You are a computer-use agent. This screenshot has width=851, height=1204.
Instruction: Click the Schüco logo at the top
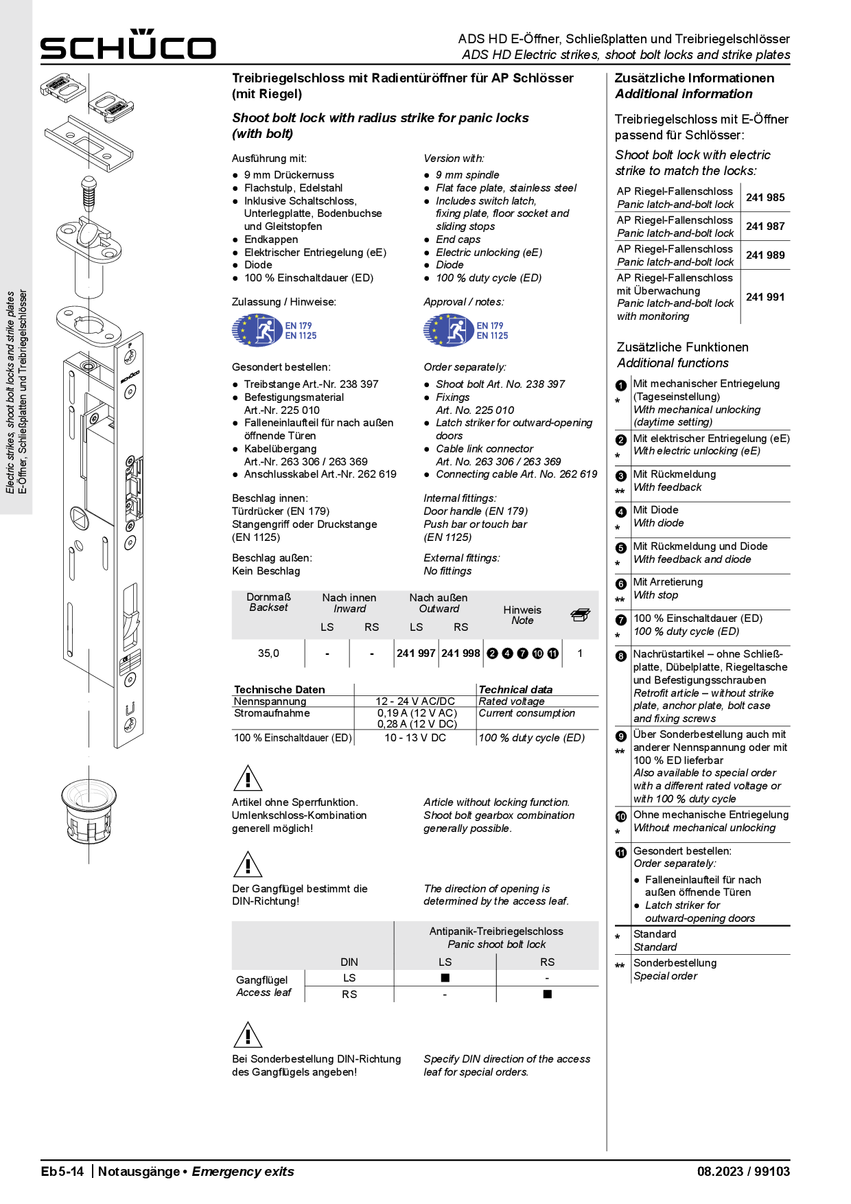tap(128, 45)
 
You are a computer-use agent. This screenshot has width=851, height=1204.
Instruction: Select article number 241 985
tap(765, 198)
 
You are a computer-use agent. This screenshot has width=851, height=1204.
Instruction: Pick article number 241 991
tap(765, 297)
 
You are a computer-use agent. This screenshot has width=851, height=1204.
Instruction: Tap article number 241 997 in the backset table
tap(416, 653)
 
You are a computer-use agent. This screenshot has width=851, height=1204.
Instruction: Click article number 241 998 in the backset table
tap(461, 653)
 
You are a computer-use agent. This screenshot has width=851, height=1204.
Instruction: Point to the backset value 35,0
tap(268, 653)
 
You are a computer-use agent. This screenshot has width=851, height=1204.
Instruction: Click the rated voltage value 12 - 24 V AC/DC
tap(415, 702)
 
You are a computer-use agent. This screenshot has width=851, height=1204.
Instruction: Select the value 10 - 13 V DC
tap(415, 738)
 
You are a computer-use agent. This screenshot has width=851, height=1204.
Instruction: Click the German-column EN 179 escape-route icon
tap(257, 331)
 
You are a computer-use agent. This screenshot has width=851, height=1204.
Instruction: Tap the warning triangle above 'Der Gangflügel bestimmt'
tap(248, 865)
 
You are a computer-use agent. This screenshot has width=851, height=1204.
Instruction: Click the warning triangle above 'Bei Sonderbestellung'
tap(248, 1035)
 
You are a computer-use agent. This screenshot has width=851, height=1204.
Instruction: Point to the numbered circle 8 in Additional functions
tap(621, 656)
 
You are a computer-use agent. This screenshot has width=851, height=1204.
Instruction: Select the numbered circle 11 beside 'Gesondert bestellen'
tap(621, 853)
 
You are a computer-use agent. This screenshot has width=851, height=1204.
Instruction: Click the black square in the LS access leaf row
tap(445, 977)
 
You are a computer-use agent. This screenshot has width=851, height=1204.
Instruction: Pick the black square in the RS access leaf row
tap(547, 994)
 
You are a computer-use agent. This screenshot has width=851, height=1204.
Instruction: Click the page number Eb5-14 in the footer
tap(62, 1172)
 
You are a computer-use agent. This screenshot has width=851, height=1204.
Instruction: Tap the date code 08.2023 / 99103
tap(743, 1172)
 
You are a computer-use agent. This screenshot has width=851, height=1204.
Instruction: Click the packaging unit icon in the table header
tap(580, 615)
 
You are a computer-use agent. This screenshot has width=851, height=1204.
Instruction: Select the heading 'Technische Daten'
tap(279, 689)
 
